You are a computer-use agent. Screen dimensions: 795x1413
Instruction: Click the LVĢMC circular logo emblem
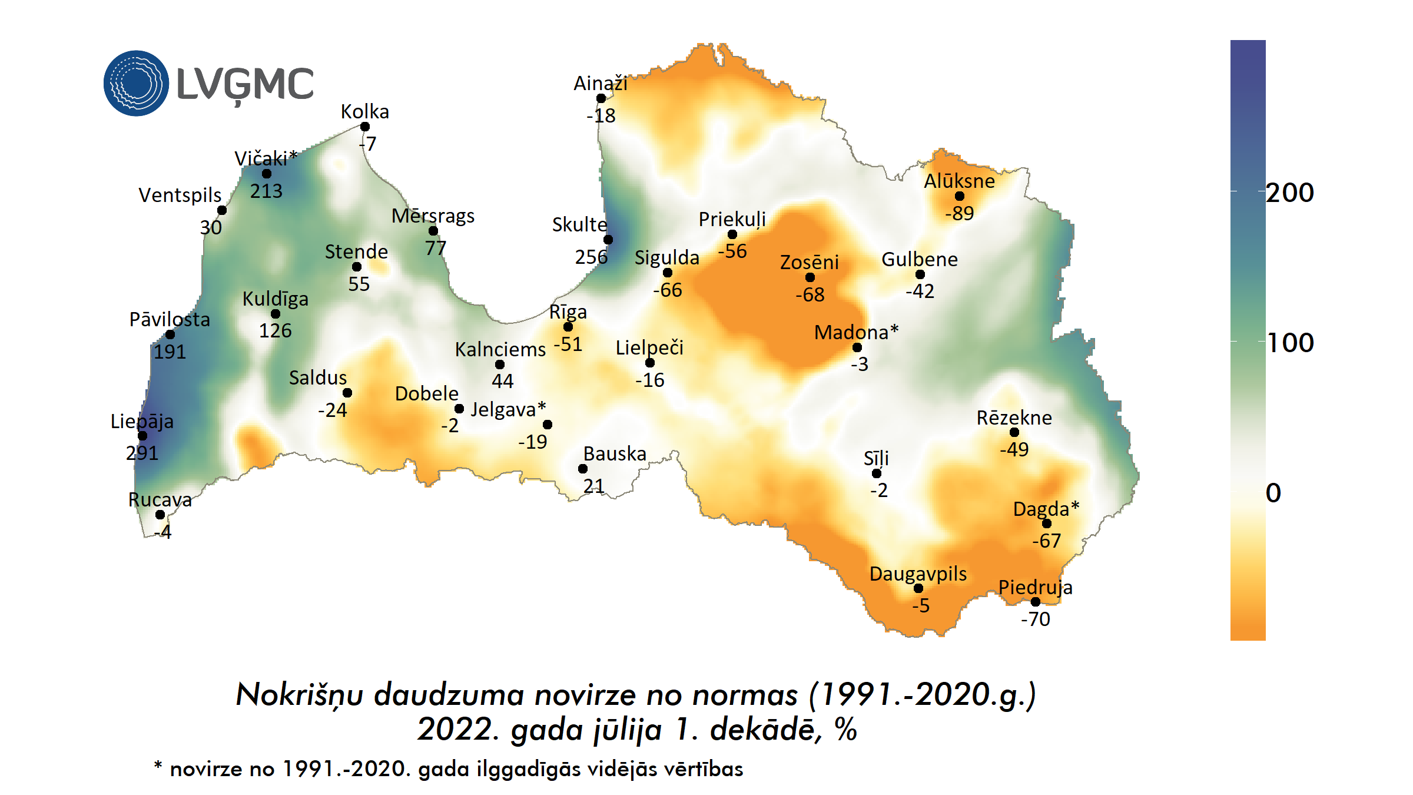(x=136, y=83)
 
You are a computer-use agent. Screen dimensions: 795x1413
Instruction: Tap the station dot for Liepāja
(x=142, y=436)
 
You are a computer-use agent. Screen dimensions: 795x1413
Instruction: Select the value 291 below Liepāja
(x=142, y=453)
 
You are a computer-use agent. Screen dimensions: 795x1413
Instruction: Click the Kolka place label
(x=364, y=111)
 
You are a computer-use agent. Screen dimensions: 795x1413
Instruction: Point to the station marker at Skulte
(x=608, y=240)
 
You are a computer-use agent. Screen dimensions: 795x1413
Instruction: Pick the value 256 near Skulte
(x=591, y=257)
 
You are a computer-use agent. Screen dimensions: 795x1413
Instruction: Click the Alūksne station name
(x=959, y=181)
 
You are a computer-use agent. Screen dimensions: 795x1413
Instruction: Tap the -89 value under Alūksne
(x=959, y=213)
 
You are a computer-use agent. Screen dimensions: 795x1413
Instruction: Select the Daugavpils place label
(x=918, y=573)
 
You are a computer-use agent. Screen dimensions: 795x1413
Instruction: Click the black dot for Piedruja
(x=1036, y=601)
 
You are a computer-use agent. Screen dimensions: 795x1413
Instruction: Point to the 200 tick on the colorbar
(x=1290, y=193)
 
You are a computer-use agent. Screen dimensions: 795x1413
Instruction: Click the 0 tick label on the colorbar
(x=1273, y=493)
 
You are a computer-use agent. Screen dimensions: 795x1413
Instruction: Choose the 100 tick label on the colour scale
(x=1290, y=343)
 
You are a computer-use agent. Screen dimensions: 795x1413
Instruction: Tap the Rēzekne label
(x=1014, y=418)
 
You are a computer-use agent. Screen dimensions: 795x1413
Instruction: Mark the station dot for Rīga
(x=568, y=327)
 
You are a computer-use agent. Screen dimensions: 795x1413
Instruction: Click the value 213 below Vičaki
(x=266, y=191)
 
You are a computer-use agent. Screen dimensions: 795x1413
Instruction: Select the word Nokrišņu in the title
(x=299, y=694)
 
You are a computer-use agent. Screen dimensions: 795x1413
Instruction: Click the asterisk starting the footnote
(x=158, y=766)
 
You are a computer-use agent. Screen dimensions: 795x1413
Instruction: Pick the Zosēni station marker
(x=810, y=277)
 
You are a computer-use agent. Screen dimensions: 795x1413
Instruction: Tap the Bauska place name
(x=615, y=453)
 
